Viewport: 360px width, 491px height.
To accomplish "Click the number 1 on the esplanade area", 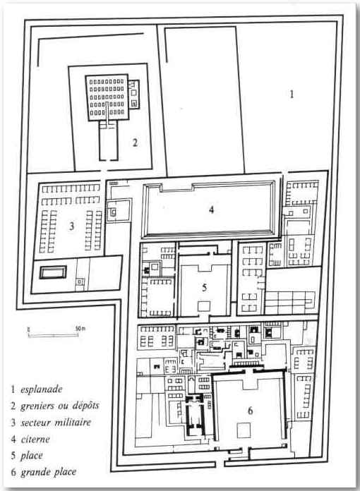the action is pos(292,94).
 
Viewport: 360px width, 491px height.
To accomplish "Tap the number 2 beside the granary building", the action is pos(135,143).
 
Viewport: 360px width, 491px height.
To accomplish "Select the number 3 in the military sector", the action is pos(72,226).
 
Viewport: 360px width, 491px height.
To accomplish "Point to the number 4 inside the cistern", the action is pos(212,210).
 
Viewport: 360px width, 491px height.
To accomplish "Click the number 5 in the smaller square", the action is pos(204,287).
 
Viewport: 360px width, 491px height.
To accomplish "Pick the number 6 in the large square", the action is pos(250,411).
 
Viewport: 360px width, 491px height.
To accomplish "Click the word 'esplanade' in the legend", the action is pos(42,389).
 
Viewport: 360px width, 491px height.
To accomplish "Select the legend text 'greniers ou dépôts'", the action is pos(60,406).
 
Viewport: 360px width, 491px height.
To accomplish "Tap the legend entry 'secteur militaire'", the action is pos(56,423).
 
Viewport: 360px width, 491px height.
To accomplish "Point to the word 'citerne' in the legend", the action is pos(35,439).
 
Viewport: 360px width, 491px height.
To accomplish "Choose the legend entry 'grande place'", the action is pos(49,472).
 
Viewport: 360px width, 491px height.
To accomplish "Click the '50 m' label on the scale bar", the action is pos(80,329).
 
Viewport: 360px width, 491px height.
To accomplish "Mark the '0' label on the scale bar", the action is pos(28,329).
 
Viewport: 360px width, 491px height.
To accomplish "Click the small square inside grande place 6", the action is pos(244,430).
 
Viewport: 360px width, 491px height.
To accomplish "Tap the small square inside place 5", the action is pos(204,306).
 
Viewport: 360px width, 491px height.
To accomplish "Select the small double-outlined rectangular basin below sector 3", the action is pos(53,272).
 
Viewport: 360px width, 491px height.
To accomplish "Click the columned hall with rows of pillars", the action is pos(107,97).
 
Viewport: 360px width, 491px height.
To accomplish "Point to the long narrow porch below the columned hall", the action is pos(109,141).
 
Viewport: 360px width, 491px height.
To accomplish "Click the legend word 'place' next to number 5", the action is pos(32,456).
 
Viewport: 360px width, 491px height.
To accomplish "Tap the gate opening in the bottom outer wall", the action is pos(220,463).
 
